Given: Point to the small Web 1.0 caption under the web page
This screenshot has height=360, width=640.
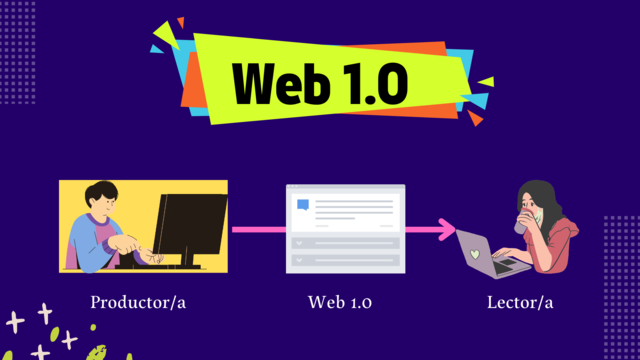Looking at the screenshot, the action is tap(342, 301).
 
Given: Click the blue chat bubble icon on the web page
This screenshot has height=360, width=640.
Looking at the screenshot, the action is tap(303, 205).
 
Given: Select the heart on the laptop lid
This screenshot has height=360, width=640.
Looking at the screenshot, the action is tap(476, 254).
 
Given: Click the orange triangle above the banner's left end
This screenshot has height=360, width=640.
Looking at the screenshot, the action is tap(180, 22).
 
